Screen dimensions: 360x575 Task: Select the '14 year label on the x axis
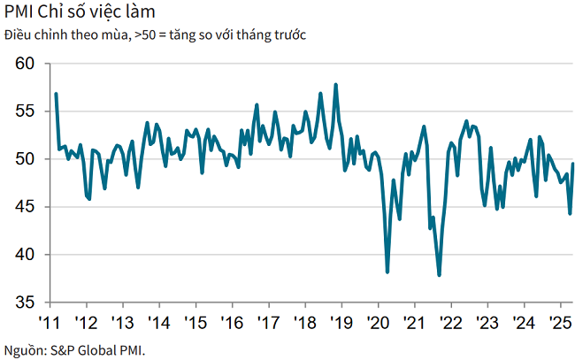(x=158, y=319)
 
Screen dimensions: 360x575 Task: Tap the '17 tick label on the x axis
(x=267, y=319)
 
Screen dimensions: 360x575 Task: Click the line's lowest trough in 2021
(x=440, y=275)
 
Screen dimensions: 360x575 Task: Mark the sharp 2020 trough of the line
(x=387, y=272)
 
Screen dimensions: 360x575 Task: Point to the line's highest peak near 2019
(x=335, y=85)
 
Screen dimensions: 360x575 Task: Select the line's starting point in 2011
(x=56, y=94)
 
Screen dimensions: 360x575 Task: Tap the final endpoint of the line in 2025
(x=573, y=164)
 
